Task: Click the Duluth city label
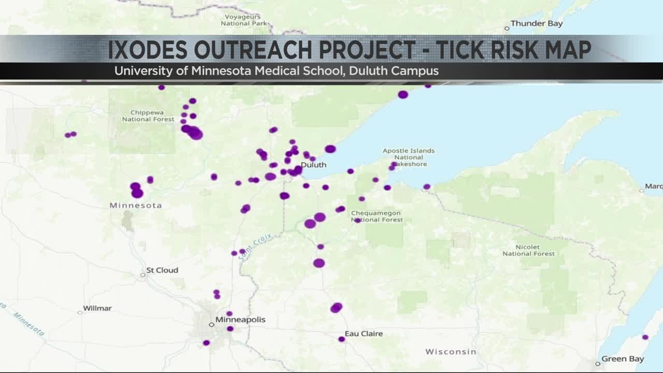(x=314, y=165)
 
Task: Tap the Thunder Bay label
(x=536, y=23)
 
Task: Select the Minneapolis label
(x=240, y=319)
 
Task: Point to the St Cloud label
(x=162, y=270)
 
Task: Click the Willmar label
(x=97, y=308)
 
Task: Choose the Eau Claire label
(x=364, y=334)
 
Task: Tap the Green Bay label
(x=623, y=359)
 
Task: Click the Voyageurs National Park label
(x=244, y=20)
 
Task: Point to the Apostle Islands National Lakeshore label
(x=409, y=157)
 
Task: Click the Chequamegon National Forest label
(x=377, y=216)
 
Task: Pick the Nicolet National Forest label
(x=528, y=250)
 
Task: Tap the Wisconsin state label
(x=451, y=352)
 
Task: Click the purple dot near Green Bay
(x=645, y=337)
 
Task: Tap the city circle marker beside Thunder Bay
(x=507, y=28)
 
